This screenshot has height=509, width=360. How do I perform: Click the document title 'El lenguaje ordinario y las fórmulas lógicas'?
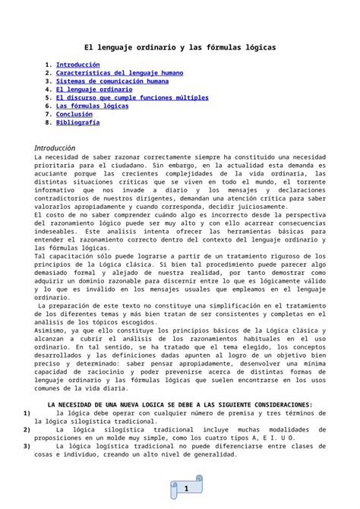[x=179, y=47]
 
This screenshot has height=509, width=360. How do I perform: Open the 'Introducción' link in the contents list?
[x=78, y=66]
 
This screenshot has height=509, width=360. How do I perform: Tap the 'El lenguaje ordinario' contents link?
[x=94, y=90]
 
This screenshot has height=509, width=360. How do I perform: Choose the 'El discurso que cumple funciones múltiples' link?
[x=134, y=98]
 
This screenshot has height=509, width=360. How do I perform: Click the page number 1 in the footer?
[x=185, y=490]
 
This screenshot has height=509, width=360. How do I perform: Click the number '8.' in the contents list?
[x=49, y=122]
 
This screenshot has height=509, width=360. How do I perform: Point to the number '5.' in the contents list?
[x=49, y=98]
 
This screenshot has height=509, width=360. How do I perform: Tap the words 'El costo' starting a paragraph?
[x=52, y=215]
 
